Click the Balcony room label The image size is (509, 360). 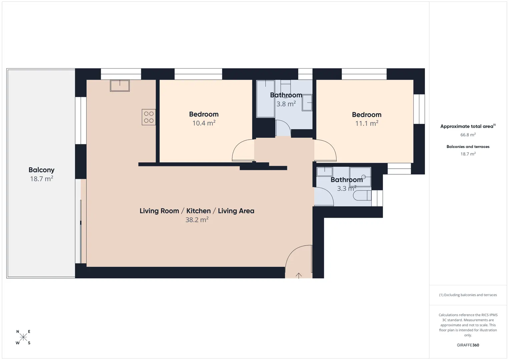41,170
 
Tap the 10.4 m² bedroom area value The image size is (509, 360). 204,123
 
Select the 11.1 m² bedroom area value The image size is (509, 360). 367,123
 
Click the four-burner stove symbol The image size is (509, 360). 149,117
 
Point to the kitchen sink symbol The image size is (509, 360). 120,86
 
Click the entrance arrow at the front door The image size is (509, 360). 299,276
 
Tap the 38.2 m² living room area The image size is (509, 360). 197,220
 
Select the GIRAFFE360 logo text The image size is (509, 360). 468,345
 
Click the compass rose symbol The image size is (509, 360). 23,337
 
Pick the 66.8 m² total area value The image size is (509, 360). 468,135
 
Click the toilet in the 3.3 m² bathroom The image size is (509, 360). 362,195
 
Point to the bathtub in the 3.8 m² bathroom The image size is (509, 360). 266,99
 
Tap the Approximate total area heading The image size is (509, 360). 468,126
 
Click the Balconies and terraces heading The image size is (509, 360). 468,147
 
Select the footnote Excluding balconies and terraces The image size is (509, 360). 468,295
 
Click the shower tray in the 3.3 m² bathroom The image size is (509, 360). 360,177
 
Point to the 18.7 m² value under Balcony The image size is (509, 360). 42,179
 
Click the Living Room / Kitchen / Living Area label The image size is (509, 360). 197,211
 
